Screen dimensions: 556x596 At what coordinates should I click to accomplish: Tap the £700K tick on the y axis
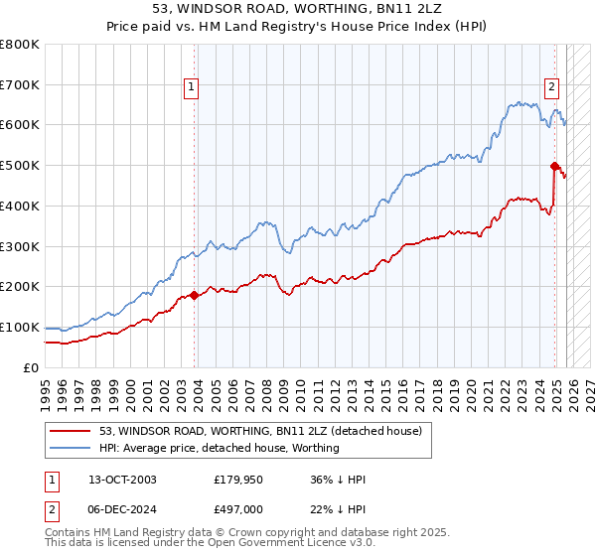pos(20,84)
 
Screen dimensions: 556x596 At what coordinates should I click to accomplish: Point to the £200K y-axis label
pos(20,286)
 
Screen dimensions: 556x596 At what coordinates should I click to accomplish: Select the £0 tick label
pos(32,367)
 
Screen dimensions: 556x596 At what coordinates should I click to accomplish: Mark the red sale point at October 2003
pos(194,295)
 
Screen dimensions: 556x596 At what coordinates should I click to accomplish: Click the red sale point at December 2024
pos(553,167)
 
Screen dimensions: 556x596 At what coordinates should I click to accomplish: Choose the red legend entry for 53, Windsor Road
pos(261,431)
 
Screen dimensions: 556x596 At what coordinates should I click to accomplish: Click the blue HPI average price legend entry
pos(219,448)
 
